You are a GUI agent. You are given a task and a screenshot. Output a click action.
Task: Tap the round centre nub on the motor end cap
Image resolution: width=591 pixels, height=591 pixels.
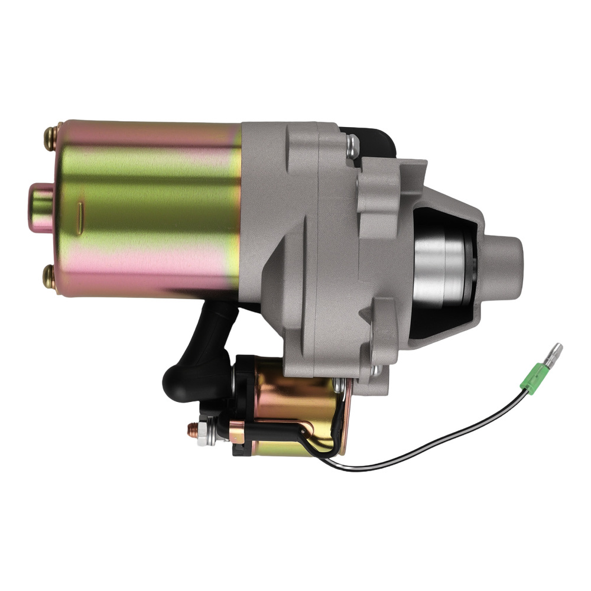click(40, 207)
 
